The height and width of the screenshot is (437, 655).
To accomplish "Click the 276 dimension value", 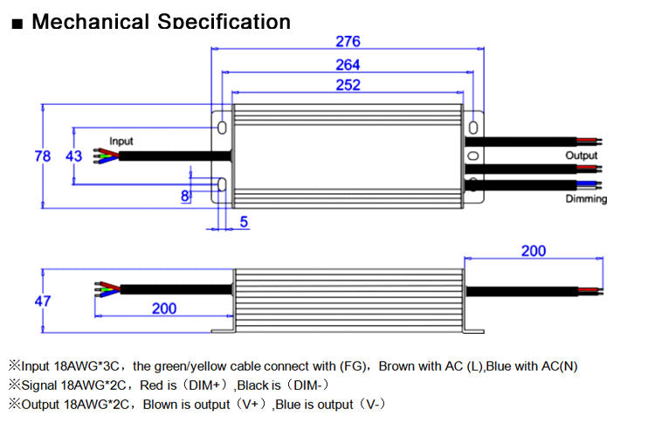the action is point(348,41).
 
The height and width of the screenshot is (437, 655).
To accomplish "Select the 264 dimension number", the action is point(348,65).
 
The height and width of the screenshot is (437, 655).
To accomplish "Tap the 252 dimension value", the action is point(348,85).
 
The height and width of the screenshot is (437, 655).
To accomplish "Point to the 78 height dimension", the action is point(42,156).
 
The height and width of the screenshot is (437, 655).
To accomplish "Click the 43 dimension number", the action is point(73,156).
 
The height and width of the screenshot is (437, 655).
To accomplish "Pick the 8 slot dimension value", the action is point(184,196).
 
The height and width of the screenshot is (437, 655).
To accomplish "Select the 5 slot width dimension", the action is point(244,222).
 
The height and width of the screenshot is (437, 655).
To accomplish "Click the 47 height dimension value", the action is point(43,301).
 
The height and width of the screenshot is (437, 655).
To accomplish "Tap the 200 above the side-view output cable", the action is point(534,251).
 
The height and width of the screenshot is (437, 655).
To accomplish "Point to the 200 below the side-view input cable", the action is point(164,309).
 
